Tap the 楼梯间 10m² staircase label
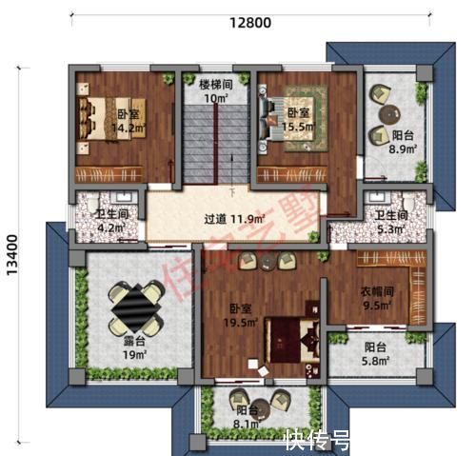[214, 89]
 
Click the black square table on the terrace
[133, 303]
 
